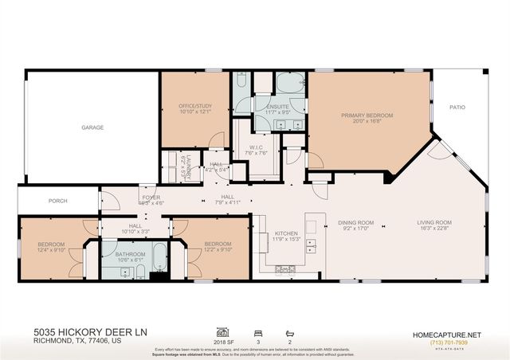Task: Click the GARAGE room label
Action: click(92, 127)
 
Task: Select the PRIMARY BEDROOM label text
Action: click(367, 115)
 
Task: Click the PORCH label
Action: click(58, 201)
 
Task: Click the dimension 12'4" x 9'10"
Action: click(50, 250)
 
